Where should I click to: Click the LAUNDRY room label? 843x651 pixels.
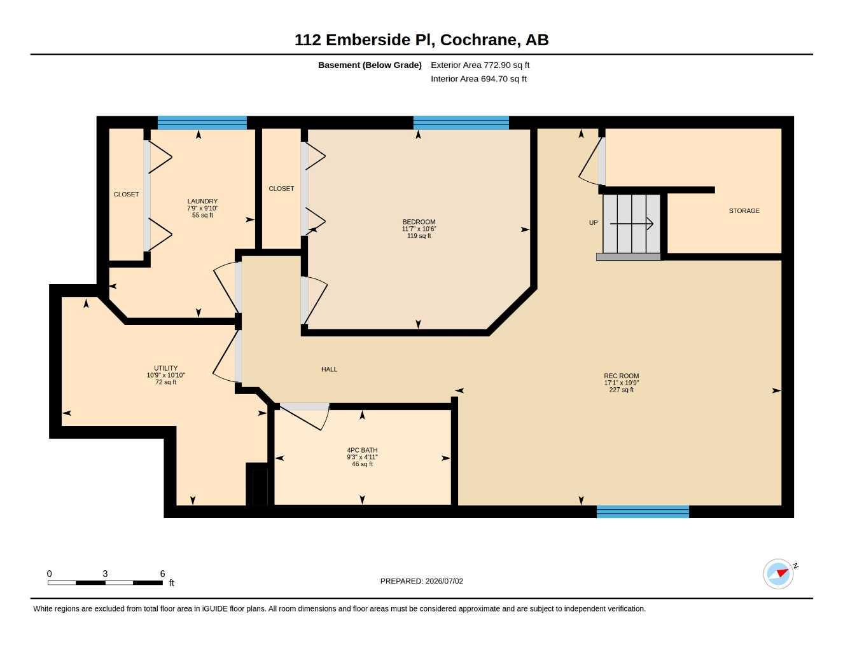[x=202, y=201]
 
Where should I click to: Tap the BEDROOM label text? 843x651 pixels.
[x=419, y=222]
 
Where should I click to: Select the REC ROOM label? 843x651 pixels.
[x=621, y=376]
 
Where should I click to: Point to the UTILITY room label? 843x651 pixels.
[x=165, y=368]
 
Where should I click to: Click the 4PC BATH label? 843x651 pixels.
[x=362, y=450]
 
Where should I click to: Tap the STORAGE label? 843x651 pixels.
[x=744, y=211]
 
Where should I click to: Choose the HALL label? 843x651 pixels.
[x=329, y=369]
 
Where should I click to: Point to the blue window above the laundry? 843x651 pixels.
[x=202, y=123]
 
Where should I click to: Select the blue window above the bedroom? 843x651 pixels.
[x=461, y=123]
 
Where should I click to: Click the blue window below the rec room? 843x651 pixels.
[x=643, y=512]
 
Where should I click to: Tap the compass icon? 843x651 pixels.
[x=779, y=573]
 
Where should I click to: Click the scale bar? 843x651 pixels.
[x=105, y=583]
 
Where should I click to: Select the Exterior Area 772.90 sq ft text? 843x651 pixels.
[x=480, y=65]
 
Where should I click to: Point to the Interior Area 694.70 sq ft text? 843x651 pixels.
[x=478, y=79]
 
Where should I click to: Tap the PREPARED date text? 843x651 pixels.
[x=422, y=581]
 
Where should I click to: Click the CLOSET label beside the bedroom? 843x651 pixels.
[x=281, y=188]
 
